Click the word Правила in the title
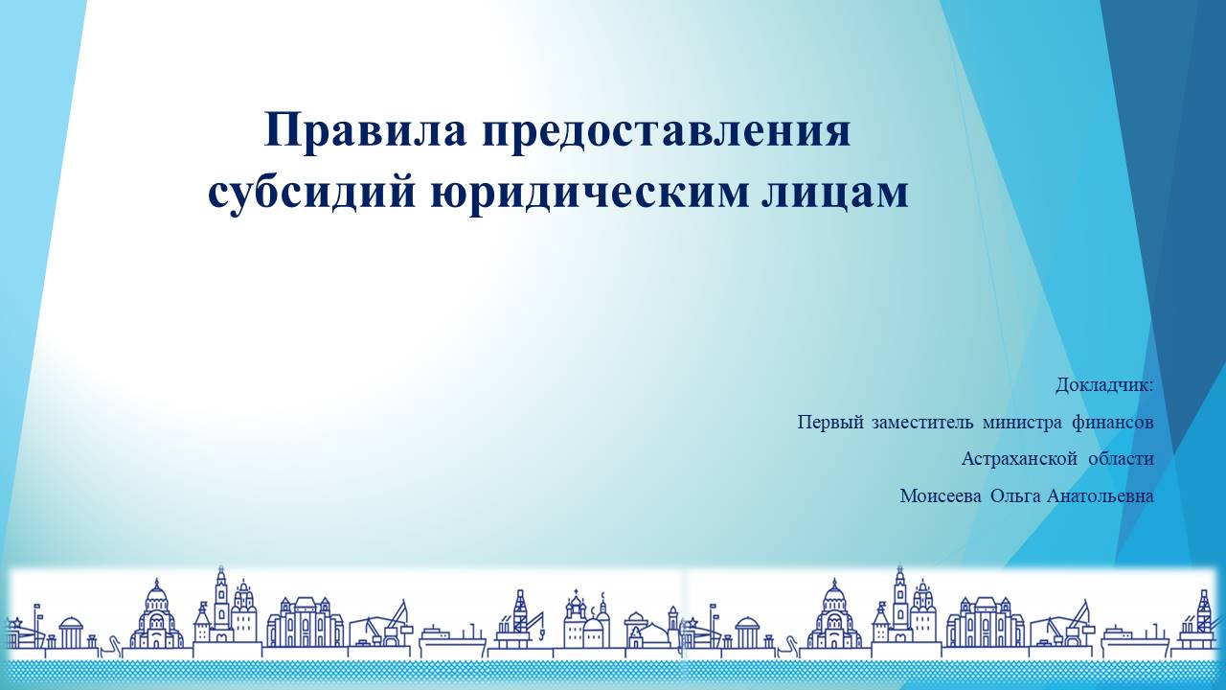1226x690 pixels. [x=365, y=130]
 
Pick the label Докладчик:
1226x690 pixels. [x=1104, y=385]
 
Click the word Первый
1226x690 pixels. [x=830, y=423]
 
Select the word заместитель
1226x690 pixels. [x=922, y=423]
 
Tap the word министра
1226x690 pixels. [x=1022, y=424]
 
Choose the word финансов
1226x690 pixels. [x=1112, y=423]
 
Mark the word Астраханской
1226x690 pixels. [x=1019, y=459]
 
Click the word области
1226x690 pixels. [x=1121, y=459]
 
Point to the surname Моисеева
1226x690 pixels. [x=941, y=496]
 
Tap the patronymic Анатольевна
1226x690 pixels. [x=1101, y=496]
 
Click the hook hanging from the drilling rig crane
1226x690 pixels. [x=541, y=634]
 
